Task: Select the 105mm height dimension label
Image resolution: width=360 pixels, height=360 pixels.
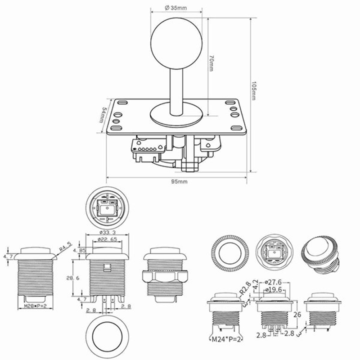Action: (x=254, y=90)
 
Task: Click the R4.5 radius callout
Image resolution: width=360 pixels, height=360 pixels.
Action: (x=66, y=247)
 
